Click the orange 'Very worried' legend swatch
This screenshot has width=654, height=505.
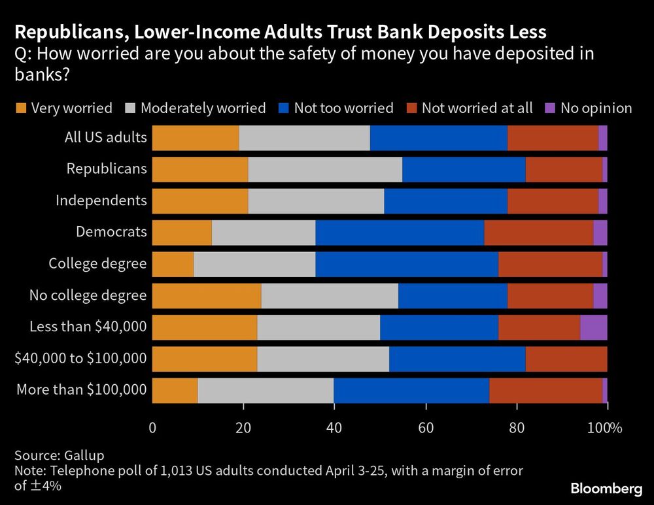click(21, 108)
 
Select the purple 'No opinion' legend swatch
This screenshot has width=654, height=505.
click(550, 108)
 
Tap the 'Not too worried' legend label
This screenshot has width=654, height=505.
click(343, 108)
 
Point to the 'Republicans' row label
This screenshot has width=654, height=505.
click(107, 169)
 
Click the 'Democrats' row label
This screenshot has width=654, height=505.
click(111, 231)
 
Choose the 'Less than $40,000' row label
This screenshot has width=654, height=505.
click(88, 326)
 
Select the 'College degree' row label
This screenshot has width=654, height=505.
click(97, 263)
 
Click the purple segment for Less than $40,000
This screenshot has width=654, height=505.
click(593, 327)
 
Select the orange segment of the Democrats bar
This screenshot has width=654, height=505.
click(182, 233)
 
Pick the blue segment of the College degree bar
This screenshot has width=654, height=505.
click(406, 264)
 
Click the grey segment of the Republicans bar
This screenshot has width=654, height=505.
click(325, 169)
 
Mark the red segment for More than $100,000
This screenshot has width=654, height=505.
click(545, 390)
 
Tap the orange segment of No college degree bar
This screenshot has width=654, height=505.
click(207, 295)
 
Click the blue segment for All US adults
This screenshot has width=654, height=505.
click(438, 138)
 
